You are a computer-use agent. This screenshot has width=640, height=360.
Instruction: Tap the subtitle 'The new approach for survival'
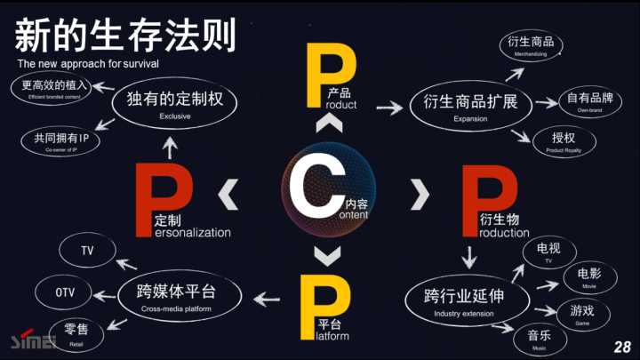pos(88,65)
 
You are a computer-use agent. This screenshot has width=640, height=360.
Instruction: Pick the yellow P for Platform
pos(318,307)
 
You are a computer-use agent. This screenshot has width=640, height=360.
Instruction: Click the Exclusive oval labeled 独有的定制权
pos(175,104)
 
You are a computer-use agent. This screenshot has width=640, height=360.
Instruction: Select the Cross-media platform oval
pos(180,296)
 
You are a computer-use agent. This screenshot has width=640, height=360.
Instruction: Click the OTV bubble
pos(65,292)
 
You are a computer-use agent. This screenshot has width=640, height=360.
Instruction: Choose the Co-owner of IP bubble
pos(61,140)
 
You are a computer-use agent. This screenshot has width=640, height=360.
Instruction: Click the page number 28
pos(621,345)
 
